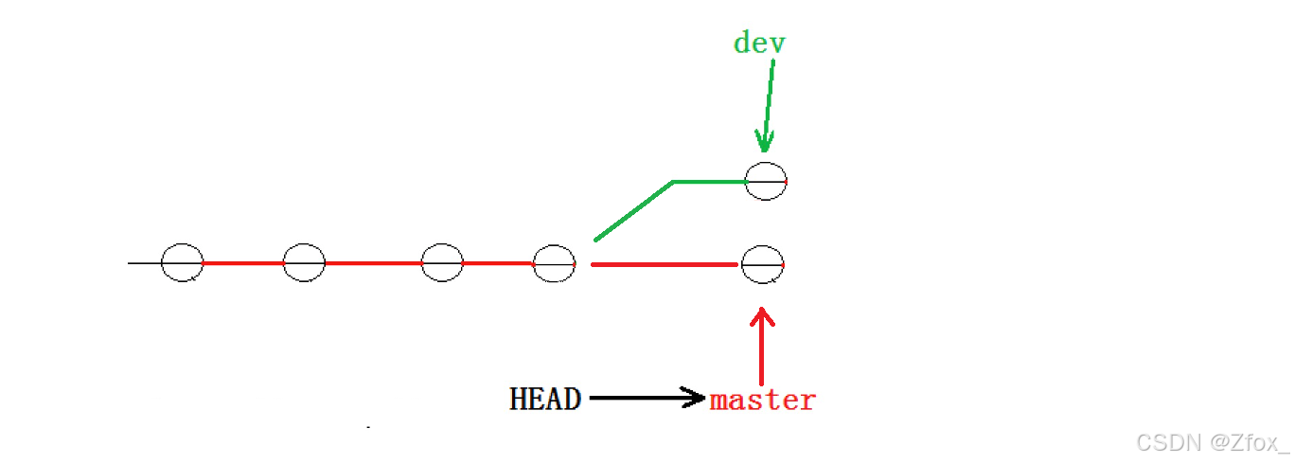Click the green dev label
759,43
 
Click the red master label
763,401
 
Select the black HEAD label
545,400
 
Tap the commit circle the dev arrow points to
766,180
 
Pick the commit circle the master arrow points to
763,264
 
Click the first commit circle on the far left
183,262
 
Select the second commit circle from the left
304,262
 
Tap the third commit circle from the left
442,262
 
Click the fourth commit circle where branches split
555,263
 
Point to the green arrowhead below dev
764,142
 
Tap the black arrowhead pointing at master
695,399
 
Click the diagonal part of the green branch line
632,210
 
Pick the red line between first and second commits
243,262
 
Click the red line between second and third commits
373,262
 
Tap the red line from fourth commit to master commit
663,264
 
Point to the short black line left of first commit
145,262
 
